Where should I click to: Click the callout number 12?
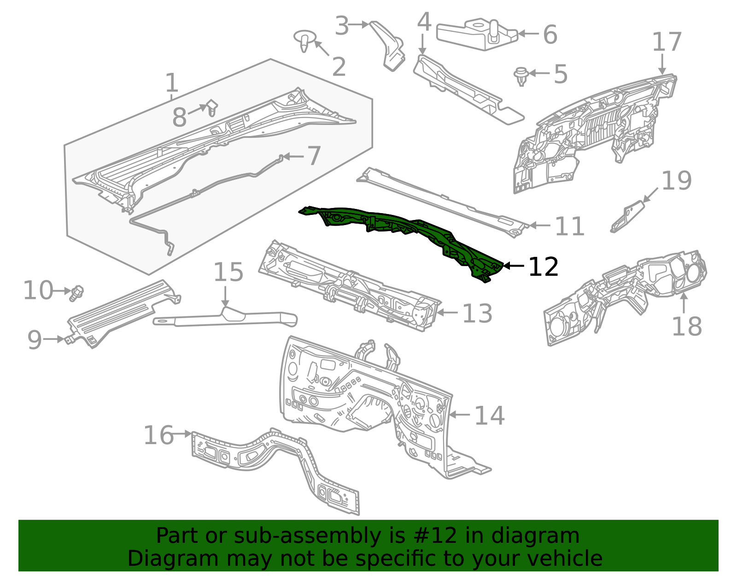544,267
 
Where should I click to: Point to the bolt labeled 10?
76,293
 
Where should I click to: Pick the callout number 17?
667,42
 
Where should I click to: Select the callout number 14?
489,416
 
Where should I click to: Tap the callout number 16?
159,435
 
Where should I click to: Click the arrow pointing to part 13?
446,313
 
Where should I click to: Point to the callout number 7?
314,156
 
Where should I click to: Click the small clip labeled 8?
212,107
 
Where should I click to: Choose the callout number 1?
171,83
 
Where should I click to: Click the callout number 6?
550,35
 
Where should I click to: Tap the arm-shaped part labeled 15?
226,318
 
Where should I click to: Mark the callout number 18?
686,327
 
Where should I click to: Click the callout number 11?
570,227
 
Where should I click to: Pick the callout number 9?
35,340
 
